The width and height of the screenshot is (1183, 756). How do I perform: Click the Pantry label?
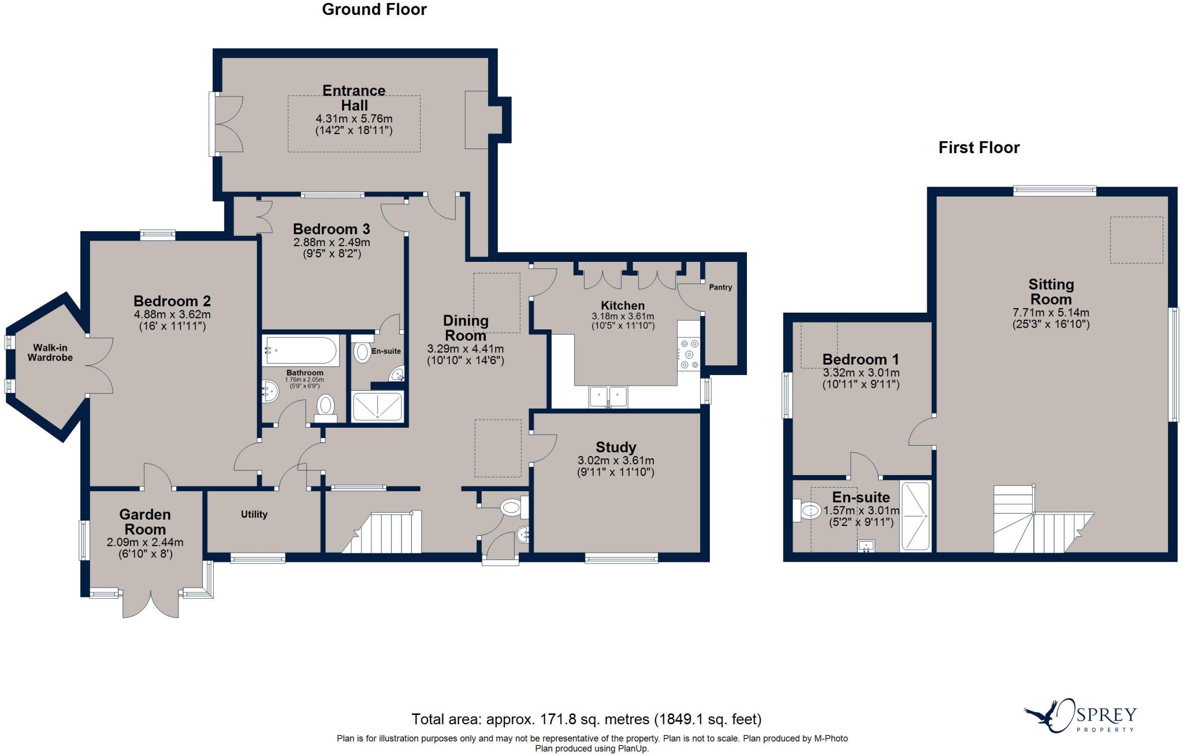720,287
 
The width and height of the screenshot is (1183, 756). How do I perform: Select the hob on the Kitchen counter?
689,354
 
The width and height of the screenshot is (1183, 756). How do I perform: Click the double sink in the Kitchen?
608,397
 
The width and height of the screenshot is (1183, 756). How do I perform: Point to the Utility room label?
254,514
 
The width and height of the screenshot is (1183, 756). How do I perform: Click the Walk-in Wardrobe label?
50,353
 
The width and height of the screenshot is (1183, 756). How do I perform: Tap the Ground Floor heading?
374,9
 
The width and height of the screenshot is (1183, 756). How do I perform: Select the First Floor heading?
979,148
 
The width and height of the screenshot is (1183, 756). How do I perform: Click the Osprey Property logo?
1080,716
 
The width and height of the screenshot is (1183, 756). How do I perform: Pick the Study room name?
616,447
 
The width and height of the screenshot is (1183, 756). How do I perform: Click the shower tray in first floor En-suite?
916,516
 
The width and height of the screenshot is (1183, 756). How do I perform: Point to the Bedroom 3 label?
332,229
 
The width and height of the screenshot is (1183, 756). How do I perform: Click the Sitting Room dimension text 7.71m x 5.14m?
1051,313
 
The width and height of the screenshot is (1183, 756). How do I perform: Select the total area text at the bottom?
586,719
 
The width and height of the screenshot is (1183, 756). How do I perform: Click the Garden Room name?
145,522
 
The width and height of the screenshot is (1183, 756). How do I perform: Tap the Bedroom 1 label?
861,360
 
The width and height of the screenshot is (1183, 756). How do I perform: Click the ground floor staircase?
382,532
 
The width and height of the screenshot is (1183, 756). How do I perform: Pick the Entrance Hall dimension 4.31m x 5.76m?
354,119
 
